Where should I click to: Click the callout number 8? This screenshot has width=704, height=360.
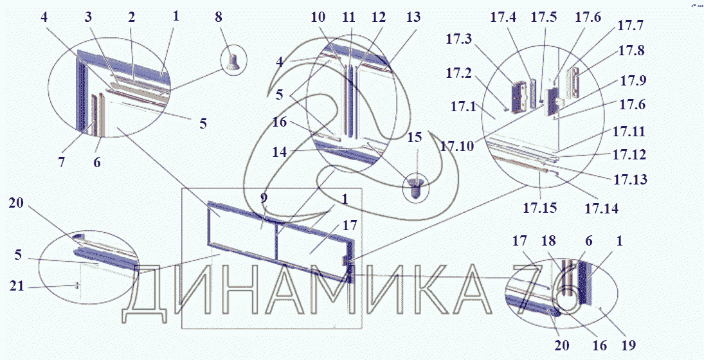219,19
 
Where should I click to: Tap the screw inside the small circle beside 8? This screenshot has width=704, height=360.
234,62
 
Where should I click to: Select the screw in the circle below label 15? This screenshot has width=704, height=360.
418,186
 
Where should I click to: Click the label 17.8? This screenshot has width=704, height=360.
631,51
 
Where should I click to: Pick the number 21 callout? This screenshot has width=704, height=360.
17,285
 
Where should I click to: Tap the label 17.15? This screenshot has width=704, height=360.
539,209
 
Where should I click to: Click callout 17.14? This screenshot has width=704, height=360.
600,209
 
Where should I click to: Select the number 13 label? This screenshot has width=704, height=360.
413,17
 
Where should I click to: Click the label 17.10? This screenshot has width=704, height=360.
458,147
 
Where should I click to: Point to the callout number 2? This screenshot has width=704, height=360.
131,17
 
